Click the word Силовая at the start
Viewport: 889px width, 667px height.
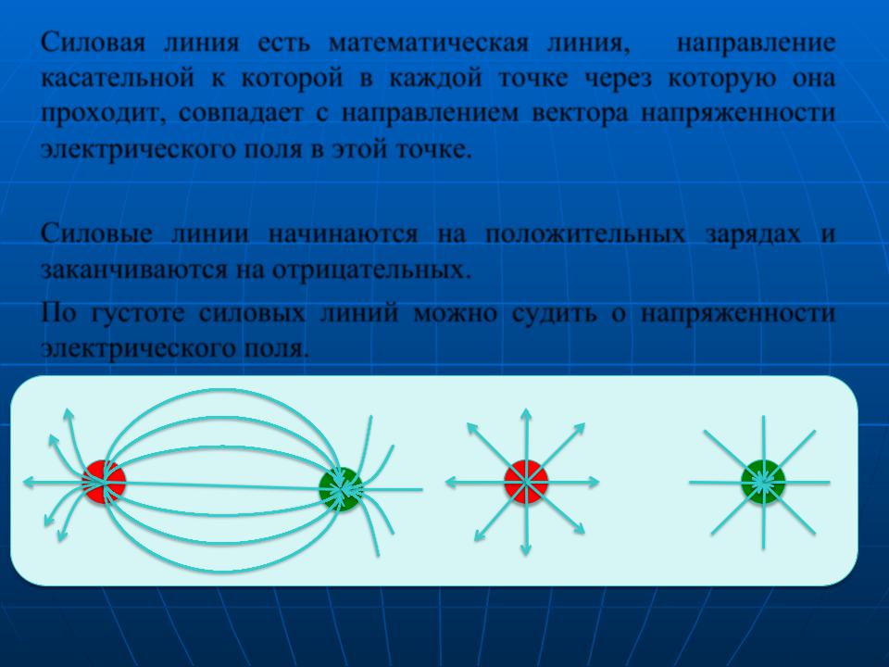point(93,43)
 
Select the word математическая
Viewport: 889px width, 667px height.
point(429,43)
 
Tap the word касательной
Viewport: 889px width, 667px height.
point(118,78)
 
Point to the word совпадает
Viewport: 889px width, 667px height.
point(241,112)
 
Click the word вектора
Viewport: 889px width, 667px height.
point(581,112)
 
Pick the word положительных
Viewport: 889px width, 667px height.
point(585,233)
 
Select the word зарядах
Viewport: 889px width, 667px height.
point(753,233)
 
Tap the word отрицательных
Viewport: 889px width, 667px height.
point(372,270)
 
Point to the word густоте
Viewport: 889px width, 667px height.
point(138,313)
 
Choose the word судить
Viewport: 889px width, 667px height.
point(554,313)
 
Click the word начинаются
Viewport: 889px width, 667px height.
point(343,233)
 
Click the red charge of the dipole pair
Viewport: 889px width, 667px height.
point(104,482)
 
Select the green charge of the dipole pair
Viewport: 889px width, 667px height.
point(340,489)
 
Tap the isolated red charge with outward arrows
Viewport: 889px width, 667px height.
point(526,482)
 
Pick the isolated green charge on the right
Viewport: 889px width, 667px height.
point(763,482)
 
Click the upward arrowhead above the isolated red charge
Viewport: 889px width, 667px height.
point(526,414)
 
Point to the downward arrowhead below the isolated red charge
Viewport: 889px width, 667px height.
point(526,549)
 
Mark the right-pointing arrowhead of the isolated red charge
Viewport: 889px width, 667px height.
point(593,482)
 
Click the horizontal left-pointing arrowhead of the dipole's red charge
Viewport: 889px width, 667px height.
point(30,482)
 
